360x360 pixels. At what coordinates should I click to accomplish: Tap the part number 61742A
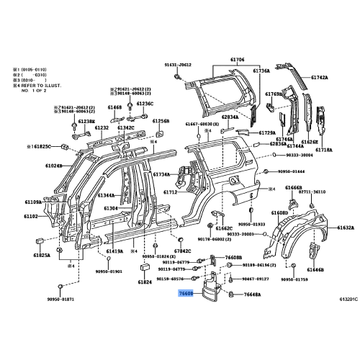(320, 77)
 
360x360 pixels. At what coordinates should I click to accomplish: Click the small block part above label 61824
(145, 267)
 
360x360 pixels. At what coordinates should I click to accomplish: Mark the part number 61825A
(41, 255)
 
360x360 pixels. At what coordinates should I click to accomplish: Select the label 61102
(30, 216)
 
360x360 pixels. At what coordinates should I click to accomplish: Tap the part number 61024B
(34, 165)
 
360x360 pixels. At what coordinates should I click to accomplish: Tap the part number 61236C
(146, 104)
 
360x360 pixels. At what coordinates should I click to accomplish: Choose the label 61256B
(161, 122)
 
